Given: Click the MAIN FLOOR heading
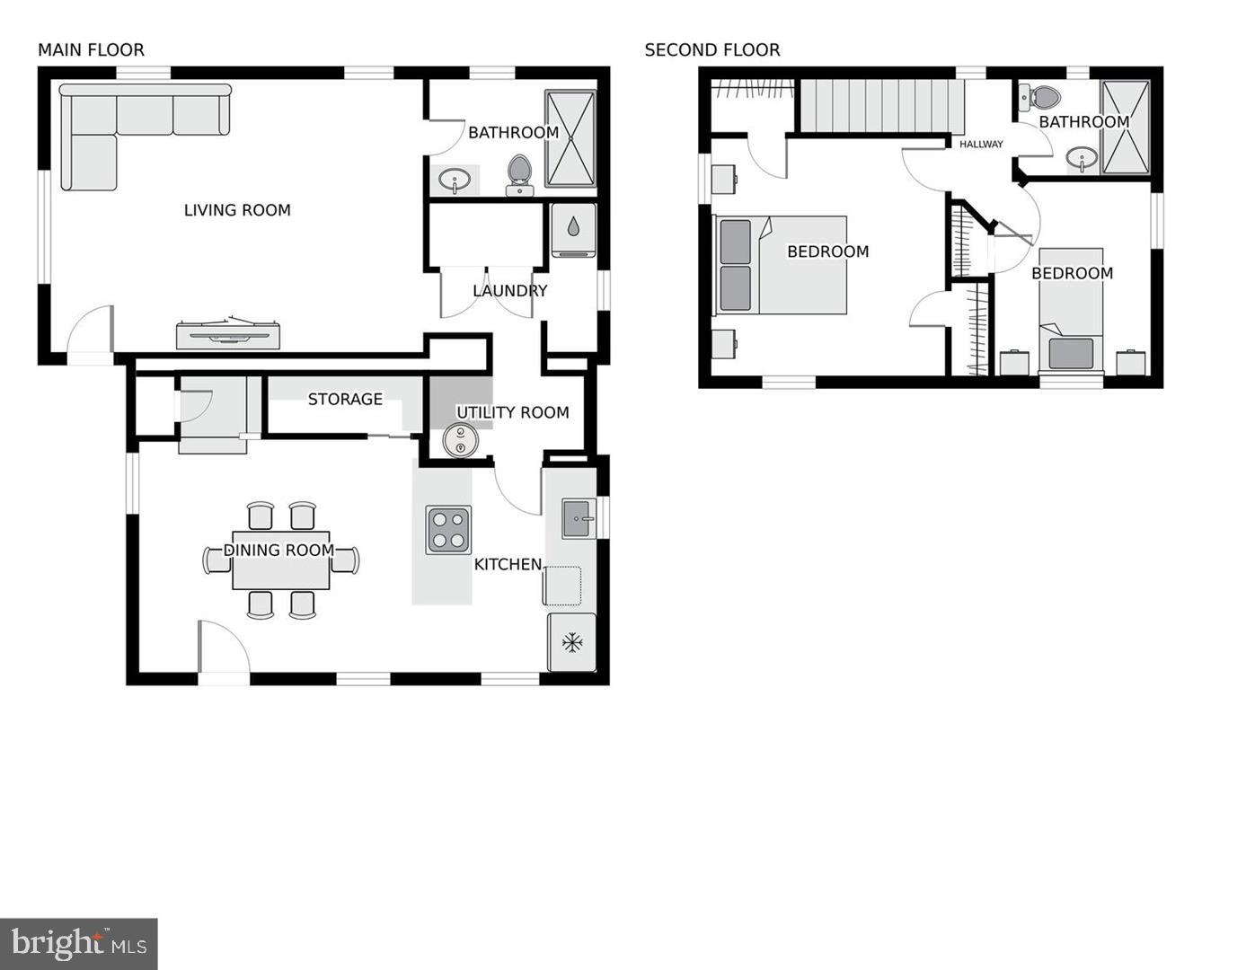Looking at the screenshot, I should coord(91,50).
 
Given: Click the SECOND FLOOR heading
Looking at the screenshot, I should coord(711,50).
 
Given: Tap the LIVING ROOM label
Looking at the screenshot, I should coord(237,210).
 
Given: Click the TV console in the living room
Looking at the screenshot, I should coord(227,335).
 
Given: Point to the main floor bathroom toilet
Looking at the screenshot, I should coord(519,173).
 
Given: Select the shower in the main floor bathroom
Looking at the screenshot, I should coord(570,138).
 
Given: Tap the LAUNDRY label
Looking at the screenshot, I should coord(509,291).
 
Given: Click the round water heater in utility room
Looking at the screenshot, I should coord(461,440).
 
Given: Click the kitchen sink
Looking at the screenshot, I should coord(579,518).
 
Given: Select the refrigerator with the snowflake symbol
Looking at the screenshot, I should coord(571,642).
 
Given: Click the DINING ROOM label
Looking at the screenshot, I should coord(278,550).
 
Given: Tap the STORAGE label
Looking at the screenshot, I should coord(345,400).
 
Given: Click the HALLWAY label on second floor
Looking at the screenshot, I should coord(981,145).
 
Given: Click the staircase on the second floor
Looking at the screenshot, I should coord(880,106).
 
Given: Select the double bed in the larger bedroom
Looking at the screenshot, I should coord(781,265).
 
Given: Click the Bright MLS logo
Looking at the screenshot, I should coord(79,943).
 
